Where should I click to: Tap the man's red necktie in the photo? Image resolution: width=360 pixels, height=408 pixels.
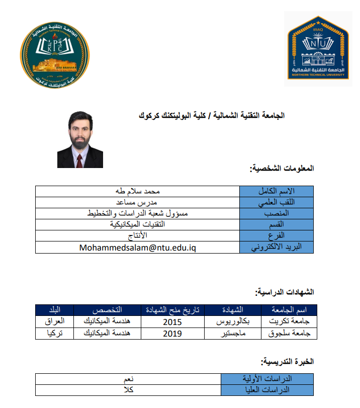(x=79, y=160)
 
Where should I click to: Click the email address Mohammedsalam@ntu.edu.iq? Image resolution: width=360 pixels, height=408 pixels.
(x=137, y=248)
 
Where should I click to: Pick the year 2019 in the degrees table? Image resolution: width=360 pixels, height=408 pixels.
(x=172, y=333)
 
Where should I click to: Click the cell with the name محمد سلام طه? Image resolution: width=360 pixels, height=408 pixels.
(x=138, y=191)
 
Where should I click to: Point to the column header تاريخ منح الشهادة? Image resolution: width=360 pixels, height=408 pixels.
(x=173, y=309)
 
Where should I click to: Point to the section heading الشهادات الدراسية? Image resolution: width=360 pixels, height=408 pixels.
(x=285, y=292)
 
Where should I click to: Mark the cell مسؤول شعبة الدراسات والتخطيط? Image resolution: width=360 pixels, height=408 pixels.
(x=138, y=213)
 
